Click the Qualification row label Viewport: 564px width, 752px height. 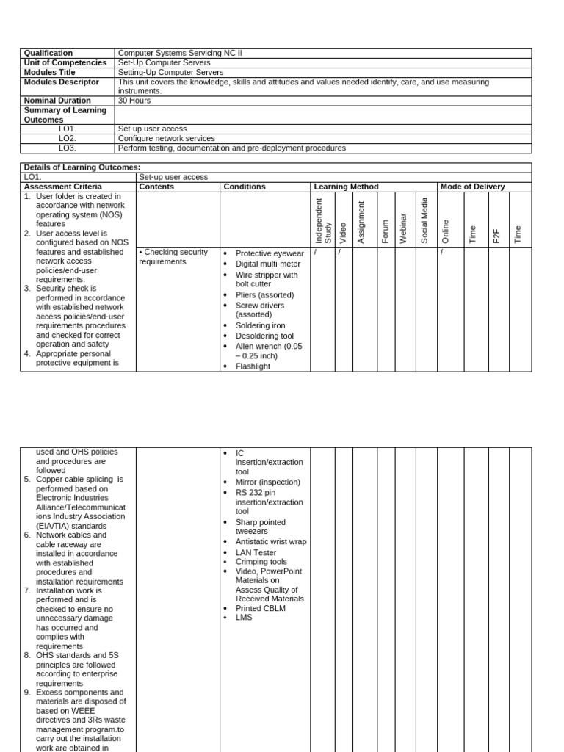(48, 53)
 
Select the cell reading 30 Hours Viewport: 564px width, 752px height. (134, 101)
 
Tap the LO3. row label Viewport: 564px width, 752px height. (68, 148)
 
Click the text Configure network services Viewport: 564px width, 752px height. (167, 138)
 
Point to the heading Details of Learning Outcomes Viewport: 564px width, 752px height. (82, 167)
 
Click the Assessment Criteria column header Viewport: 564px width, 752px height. (63, 187)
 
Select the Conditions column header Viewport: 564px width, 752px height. (245, 187)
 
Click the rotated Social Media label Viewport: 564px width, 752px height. (424, 220)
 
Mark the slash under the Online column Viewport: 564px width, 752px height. (442, 252)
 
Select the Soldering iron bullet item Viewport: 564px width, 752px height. (260, 325)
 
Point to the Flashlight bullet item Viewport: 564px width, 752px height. (253, 366)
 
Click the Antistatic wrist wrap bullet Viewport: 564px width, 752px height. (271, 541)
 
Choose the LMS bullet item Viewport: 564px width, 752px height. (243, 618)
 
